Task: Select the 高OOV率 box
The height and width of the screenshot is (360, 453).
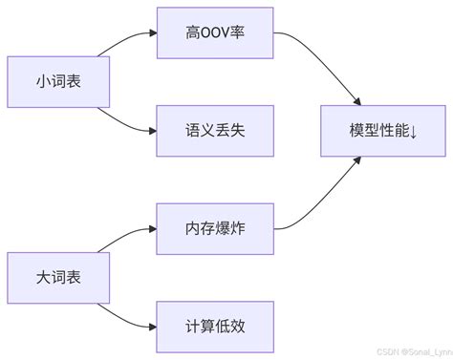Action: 215,33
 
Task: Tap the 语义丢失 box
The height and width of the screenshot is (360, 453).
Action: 215,131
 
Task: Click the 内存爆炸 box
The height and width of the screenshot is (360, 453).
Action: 215,228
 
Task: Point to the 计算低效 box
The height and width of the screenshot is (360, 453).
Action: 215,326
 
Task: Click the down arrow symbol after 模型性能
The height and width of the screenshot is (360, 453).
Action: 414,131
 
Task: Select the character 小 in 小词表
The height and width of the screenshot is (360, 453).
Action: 43,82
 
